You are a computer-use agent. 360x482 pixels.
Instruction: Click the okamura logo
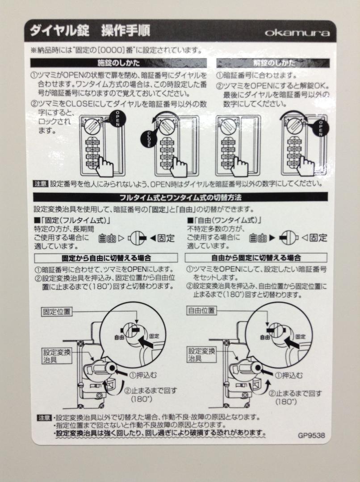tap(297, 32)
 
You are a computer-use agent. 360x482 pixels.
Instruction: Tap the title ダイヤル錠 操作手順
tap(90, 31)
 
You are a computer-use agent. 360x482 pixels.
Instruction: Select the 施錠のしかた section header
tap(118, 63)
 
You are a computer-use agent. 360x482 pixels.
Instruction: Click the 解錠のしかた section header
tap(273, 63)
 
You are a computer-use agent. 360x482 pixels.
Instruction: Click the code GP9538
tap(311, 435)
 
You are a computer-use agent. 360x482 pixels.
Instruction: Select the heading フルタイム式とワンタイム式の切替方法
tap(180, 197)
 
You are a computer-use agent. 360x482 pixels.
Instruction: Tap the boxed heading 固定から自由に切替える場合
tap(106, 258)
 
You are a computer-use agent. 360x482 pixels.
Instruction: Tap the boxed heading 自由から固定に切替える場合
tap(256, 258)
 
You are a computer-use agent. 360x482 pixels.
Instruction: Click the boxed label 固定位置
tap(57, 312)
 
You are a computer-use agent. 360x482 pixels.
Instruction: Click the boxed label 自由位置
tap(201, 311)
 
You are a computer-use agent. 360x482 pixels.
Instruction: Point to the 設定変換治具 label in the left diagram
tap(57, 356)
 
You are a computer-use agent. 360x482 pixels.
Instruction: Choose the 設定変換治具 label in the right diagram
tap(202, 354)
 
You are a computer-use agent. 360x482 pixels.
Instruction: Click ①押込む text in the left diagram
tap(143, 375)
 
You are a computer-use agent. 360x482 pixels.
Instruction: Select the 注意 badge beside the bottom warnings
tap(44, 417)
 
